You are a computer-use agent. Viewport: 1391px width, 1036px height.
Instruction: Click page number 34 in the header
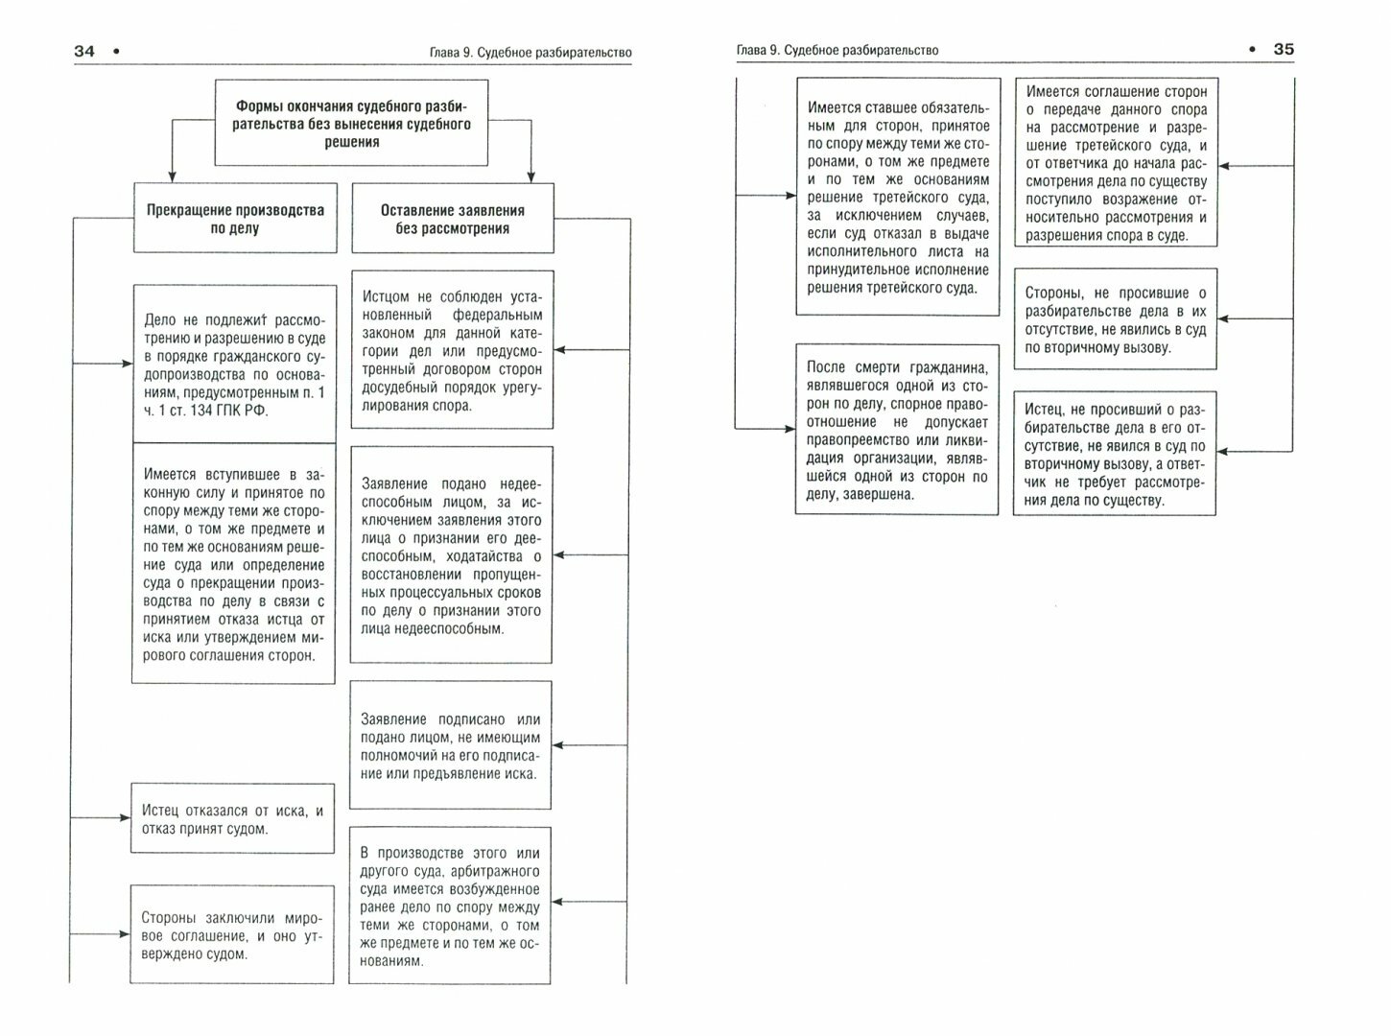[x=84, y=52]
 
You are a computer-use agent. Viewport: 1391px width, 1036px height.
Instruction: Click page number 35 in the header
[x=1283, y=50]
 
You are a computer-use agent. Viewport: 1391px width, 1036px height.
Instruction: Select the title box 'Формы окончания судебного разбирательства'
[x=352, y=124]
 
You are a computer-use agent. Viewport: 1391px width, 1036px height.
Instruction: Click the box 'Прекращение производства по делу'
[x=235, y=219]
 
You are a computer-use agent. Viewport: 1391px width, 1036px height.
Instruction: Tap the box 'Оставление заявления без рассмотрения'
[x=453, y=219]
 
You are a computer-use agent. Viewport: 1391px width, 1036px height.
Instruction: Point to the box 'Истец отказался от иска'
[x=232, y=818]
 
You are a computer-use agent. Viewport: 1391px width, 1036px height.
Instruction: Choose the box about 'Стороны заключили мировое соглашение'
[x=232, y=934]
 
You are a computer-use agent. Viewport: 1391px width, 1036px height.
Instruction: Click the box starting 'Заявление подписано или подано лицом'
[x=451, y=745]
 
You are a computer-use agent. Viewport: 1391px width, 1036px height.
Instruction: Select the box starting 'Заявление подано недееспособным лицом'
[x=451, y=555]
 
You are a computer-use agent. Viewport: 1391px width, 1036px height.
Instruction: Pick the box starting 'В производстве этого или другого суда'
[x=450, y=905]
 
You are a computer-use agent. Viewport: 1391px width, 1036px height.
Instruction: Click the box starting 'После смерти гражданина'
[x=896, y=430]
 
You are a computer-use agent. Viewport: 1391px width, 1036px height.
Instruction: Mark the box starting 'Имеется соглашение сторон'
[x=1116, y=163]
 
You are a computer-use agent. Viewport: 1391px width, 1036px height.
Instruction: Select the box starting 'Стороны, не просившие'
[x=1116, y=319]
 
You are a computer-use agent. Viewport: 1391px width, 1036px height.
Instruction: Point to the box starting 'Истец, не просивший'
[x=1115, y=453]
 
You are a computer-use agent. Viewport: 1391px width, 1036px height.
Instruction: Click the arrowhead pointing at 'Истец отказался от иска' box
[x=124, y=818]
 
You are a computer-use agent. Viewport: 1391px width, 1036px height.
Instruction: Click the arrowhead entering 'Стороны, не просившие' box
[x=1223, y=319]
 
